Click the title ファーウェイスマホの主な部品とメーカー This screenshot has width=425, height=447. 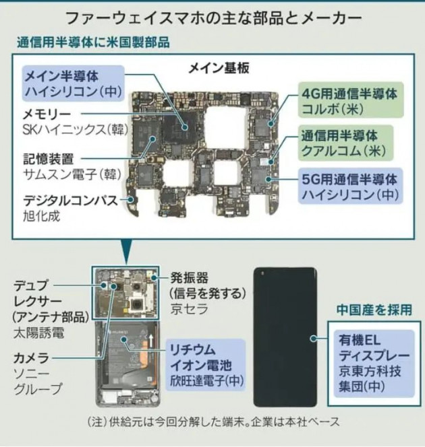(x=214, y=19)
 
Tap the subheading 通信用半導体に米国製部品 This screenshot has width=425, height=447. (x=93, y=42)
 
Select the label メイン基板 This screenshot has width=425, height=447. (x=219, y=68)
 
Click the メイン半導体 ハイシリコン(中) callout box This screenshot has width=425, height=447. (x=74, y=83)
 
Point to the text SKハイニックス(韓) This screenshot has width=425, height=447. (x=75, y=130)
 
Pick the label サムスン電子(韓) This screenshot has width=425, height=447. (x=72, y=174)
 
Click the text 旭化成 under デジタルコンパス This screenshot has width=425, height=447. (x=41, y=216)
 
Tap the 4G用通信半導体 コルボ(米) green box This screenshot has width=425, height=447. (x=351, y=100)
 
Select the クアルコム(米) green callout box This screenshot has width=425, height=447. (x=345, y=143)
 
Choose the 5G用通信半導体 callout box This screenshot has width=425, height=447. (x=350, y=186)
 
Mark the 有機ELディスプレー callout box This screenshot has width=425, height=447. (x=374, y=364)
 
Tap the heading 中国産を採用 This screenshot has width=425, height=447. (x=374, y=310)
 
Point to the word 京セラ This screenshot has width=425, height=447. (x=189, y=309)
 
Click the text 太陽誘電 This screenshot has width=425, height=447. (x=39, y=333)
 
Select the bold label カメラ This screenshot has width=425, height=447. (x=31, y=358)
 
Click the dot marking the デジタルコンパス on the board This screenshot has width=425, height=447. (x=131, y=199)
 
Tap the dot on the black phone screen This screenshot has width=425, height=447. (x=313, y=339)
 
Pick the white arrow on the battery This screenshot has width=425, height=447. (x=150, y=341)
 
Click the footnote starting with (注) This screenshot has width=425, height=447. (x=214, y=421)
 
